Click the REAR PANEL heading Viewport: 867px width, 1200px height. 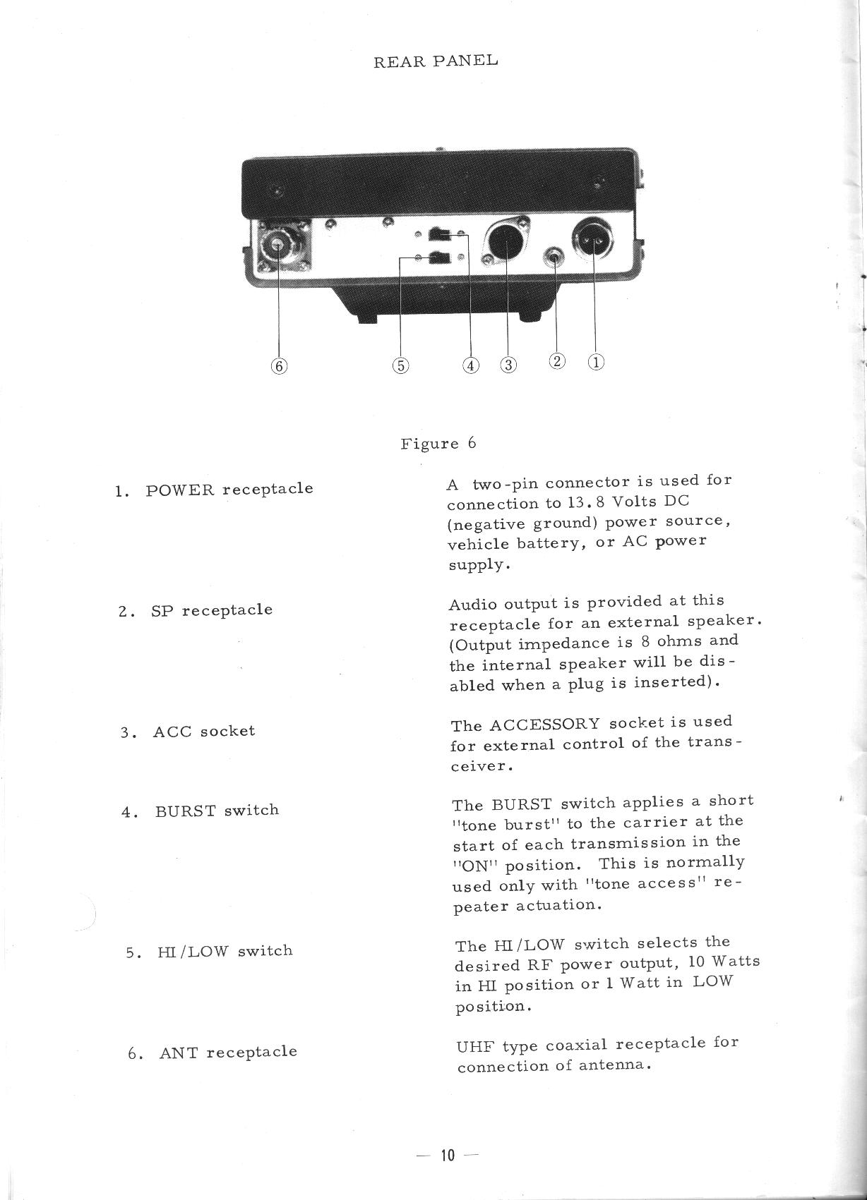tap(435, 61)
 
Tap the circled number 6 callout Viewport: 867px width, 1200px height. tap(280, 365)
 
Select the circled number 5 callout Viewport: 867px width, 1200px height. tap(400, 365)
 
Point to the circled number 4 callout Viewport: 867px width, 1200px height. tap(470, 365)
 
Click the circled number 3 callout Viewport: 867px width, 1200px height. tap(508, 365)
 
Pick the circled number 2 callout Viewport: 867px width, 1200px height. tap(557, 361)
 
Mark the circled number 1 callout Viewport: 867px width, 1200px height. tap(596, 362)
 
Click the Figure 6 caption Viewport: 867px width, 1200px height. tap(438, 444)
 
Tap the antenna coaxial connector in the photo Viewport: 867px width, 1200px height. tap(277, 245)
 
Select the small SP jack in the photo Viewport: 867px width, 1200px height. tap(556, 257)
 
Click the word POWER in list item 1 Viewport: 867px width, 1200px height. tap(179, 490)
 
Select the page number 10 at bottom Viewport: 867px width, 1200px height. tap(448, 1155)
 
